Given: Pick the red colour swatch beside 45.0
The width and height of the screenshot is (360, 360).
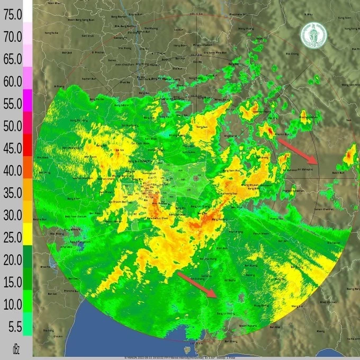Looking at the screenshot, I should click(27, 143).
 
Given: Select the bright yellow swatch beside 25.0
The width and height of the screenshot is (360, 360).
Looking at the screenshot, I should click(27, 233).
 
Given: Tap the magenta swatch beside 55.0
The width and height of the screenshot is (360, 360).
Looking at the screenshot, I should click(27, 101).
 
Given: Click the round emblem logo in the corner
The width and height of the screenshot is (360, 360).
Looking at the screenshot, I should click(314, 36).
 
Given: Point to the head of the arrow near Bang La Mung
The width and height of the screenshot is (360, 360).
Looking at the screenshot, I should click(215, 296).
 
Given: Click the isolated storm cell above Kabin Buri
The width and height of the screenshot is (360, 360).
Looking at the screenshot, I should click(350, 155).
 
